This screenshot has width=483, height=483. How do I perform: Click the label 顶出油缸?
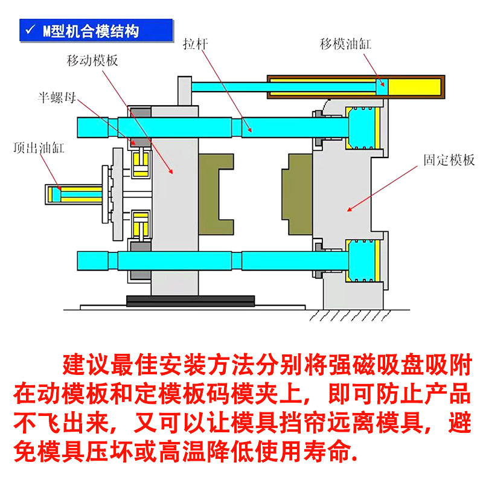tap(38, 147)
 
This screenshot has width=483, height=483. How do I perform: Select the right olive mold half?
tap(295, 193)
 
